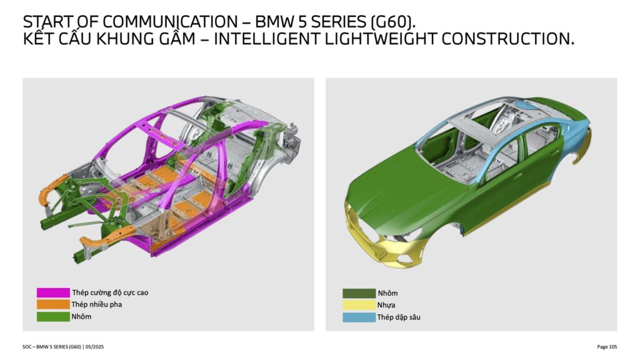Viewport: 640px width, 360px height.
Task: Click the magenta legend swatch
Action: pos(53,292)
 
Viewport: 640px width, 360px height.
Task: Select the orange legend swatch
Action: pos(53,304)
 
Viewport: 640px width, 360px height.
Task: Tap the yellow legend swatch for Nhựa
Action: pos(359,305)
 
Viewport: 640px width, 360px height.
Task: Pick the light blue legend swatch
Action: pos(359,317)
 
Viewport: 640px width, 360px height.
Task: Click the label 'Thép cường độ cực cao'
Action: pos(110,292)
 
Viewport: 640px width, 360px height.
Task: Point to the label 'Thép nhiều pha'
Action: pos(97,304)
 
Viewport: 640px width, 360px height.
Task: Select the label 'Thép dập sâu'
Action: pos(399,317)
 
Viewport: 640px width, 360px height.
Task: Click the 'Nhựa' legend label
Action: pos(386,305)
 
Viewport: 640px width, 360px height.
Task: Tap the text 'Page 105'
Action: pos(607,347)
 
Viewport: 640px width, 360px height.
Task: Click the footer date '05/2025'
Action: pos(95,347)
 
